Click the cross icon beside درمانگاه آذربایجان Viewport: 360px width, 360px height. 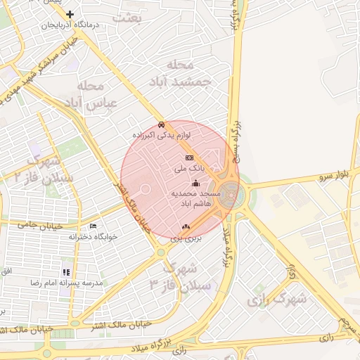pyautogui.click(x=70, y=14)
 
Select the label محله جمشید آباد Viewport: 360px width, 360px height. pyautogui.click(x=179, y=73)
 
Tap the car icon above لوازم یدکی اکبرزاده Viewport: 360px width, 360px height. pyautogui.click(x=162, y=124)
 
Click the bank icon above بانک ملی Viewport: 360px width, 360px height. pyautogui.click(x=188, y=158)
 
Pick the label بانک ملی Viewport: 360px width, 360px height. pyautogui.click(x=189, y=169)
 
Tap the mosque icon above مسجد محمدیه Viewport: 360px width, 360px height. pyautogui.click(x=195, y=183)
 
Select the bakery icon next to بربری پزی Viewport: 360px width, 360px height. pyautogui.click(x=186, y=226)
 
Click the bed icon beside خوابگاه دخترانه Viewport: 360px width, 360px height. pyautogui.click(x=93, y=226)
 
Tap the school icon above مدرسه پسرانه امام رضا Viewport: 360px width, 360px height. pyautogui.click(x=65, y=271)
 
